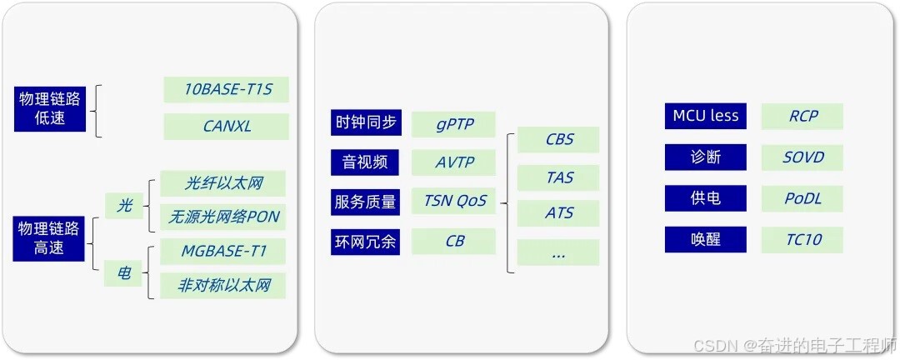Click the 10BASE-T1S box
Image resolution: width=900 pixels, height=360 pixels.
[227, 90]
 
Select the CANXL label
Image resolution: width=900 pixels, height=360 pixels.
[227, 127]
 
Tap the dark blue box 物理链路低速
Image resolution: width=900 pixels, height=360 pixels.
[50, 108]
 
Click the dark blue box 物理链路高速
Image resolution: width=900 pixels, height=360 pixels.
[50, 238]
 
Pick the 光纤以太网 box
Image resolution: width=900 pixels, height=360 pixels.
[223, 183]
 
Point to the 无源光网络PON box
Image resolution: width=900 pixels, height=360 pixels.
[223, 217]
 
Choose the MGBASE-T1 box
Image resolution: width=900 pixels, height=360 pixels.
[222, 251]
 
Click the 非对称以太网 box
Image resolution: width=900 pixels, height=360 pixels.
[223, 286]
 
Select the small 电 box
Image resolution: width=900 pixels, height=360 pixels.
[124, 272]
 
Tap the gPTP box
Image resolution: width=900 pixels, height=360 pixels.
[454, 124]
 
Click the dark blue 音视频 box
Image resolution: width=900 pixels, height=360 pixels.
[365, 162]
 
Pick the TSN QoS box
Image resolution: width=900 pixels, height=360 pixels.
[454, 201]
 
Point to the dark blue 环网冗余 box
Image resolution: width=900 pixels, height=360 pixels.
[365, 242]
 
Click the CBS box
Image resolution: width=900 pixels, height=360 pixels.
[558, 139]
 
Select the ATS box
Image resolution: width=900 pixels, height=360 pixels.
[558, 213]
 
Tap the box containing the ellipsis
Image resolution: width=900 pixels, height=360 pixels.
[558, 252]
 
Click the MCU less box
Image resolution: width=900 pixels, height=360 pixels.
[706, 116]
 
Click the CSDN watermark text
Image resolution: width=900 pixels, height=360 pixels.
[792, 344]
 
